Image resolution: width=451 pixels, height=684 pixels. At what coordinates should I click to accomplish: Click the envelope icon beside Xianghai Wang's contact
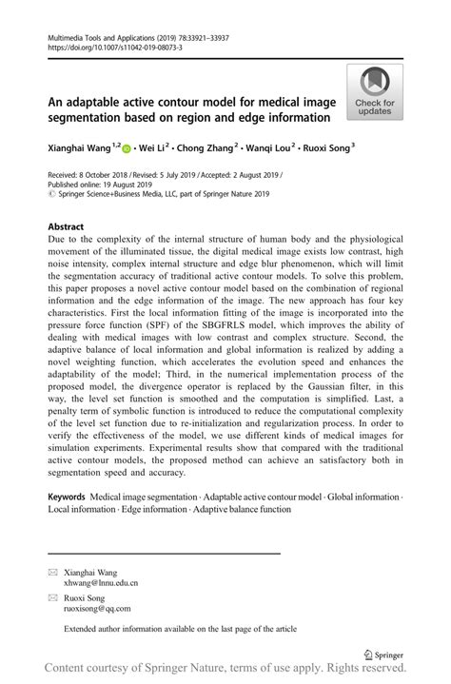(53, 572)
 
